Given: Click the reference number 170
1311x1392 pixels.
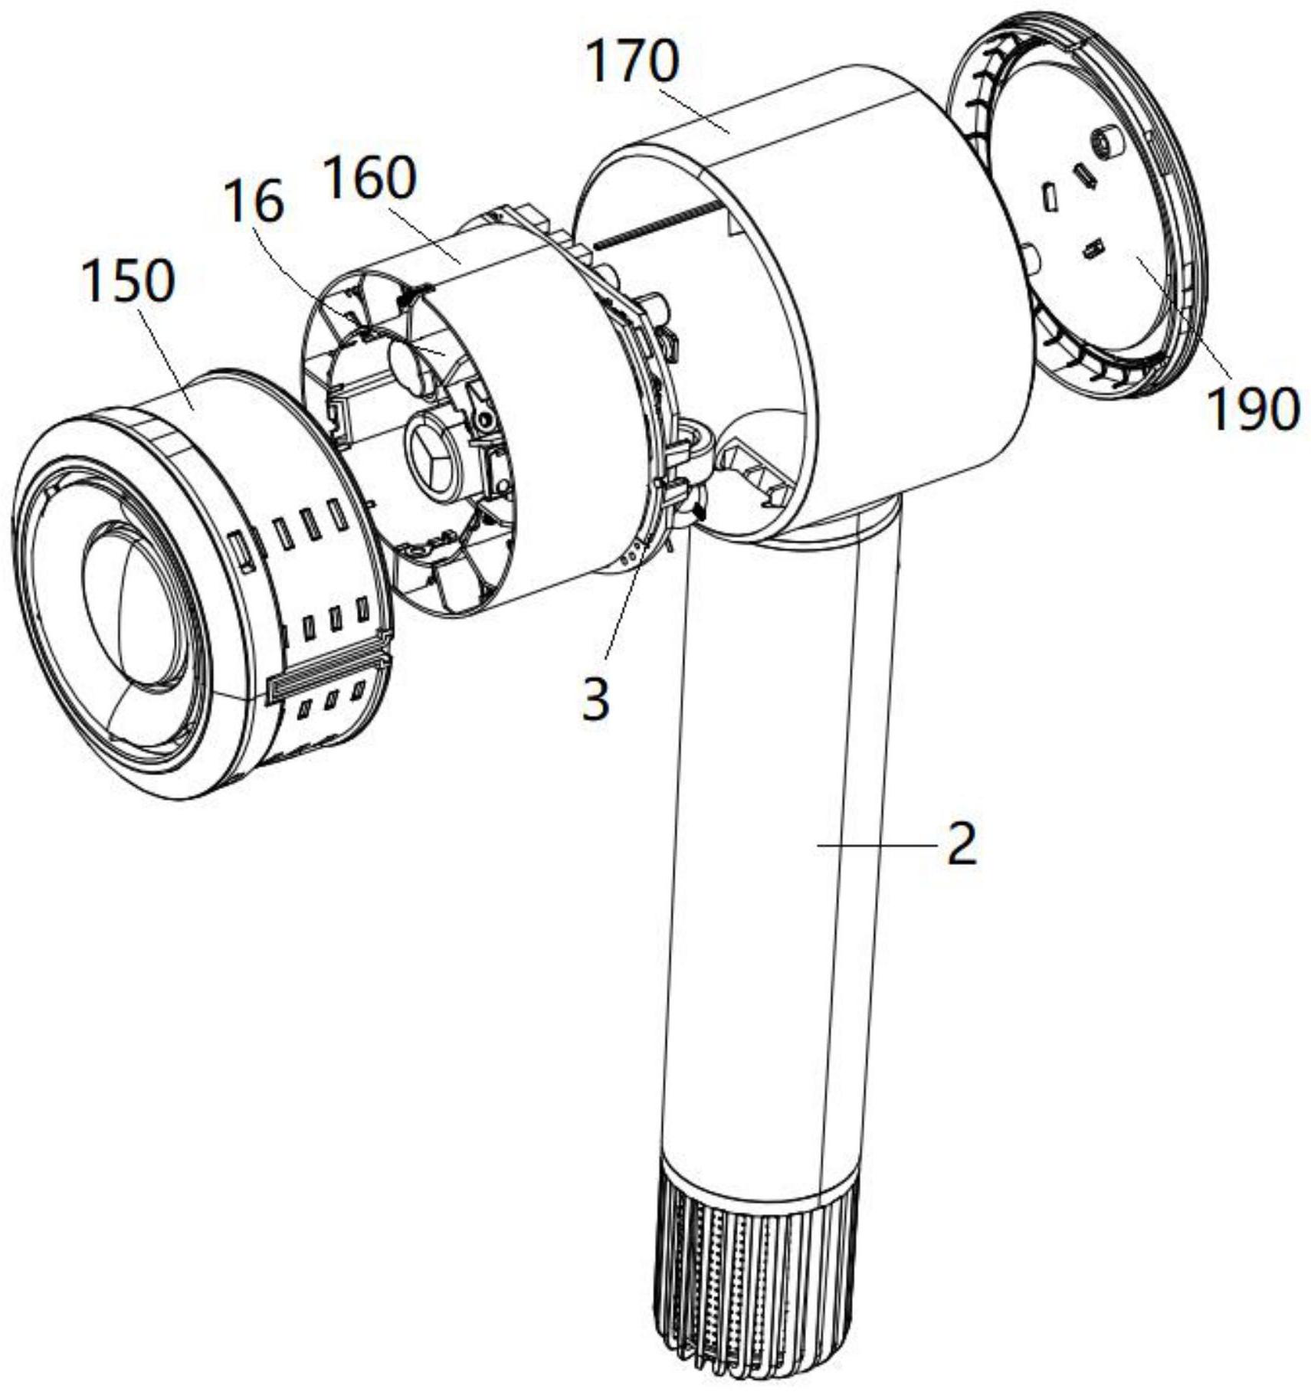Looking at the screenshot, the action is tap(632, 62).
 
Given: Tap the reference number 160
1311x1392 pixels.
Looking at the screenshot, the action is tap(370, 179).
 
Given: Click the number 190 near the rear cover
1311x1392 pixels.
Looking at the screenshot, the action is tap(1254, 408).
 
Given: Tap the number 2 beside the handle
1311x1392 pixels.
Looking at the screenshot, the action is tap(962, 845).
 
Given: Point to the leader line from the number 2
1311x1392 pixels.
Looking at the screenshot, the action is tap(877, 844).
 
